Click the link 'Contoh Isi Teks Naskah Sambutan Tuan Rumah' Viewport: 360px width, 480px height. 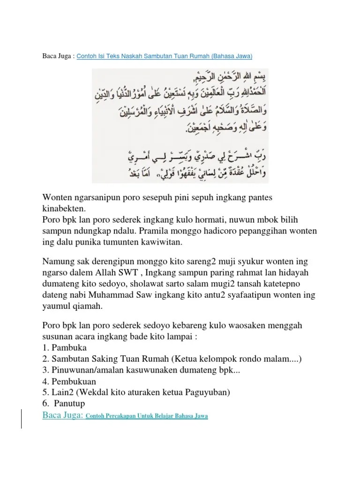click(164, 56)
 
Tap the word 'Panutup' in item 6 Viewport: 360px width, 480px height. click(70, 404)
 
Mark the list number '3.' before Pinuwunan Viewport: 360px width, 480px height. click(46, 370)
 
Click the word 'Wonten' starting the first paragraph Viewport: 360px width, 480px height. click(58, 197)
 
